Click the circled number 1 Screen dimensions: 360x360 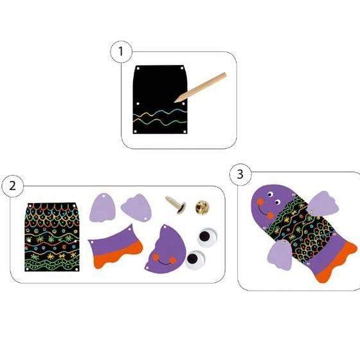tap(121, 51)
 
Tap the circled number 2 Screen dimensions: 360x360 tap(12, 186)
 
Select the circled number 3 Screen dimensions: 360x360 tap(240, 174)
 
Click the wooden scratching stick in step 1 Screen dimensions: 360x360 tap(200, 87)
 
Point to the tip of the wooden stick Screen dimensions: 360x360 tap(174, 102)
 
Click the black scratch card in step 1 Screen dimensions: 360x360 tap(160, 100)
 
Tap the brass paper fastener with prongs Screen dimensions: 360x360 tap(175, 204)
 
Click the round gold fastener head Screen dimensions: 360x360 tap(202, 207)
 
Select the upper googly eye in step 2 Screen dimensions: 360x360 tap(207, 237)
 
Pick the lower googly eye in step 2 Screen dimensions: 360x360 tap(195, 260)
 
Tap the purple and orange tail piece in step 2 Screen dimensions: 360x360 tap(115, 247)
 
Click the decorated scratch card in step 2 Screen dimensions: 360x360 tap(52, 237)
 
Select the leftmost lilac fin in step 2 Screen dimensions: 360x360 tap(102, 208)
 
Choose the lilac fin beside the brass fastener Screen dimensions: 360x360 tap(136, 208)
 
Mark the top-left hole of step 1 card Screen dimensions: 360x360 tap(138, 68)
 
